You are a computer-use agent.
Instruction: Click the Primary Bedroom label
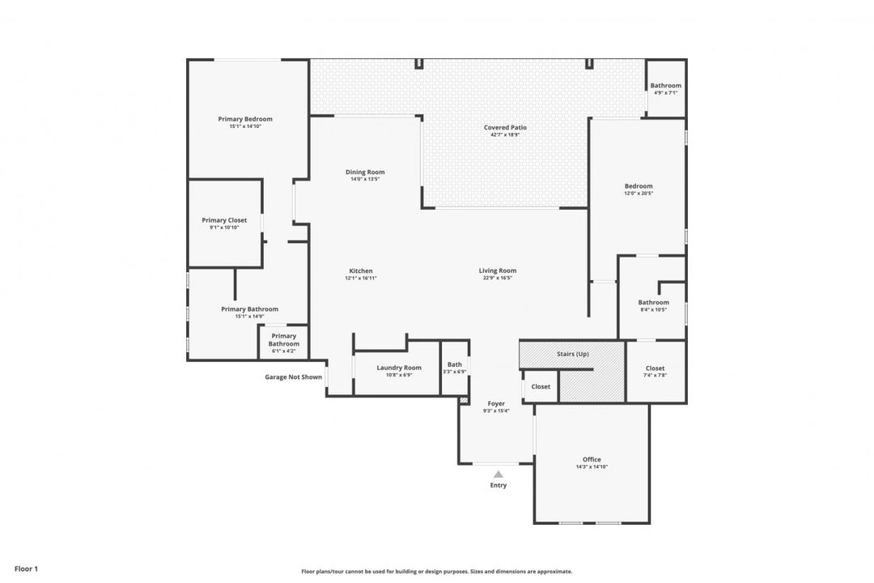(x=245, y=119)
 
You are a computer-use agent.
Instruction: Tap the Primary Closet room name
(x=224, y=220)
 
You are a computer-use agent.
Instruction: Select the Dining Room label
(x=365, y=172)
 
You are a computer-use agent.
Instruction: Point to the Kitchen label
(x=361, y=270)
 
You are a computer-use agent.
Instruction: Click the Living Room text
(x=498, y=270)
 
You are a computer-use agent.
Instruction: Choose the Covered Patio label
(x=505, y=127)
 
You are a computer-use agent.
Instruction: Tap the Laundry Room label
(x=399, y=368)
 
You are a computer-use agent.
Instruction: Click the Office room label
(x=592, y=459)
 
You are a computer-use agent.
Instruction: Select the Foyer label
(x=496, y=403)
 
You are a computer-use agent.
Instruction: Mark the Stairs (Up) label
(x=573, y=355)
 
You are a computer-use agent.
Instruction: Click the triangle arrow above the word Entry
(x=499, y=474)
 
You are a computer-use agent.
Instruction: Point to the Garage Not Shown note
(x=293, y=377)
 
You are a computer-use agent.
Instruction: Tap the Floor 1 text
(x=26, y=568)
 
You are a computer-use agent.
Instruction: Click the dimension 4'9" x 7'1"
(x=665, y=93)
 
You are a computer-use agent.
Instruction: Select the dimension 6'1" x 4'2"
(x=283, y=351)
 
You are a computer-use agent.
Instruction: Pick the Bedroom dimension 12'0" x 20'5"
(x=638, y=194)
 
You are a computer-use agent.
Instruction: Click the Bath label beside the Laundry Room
(x=455, y=364)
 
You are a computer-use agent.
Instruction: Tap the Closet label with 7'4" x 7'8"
(x=655, y=368)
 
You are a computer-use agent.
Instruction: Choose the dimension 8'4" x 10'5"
(x=653, y=310)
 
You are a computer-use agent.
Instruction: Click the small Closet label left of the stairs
(x=541, y=386)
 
